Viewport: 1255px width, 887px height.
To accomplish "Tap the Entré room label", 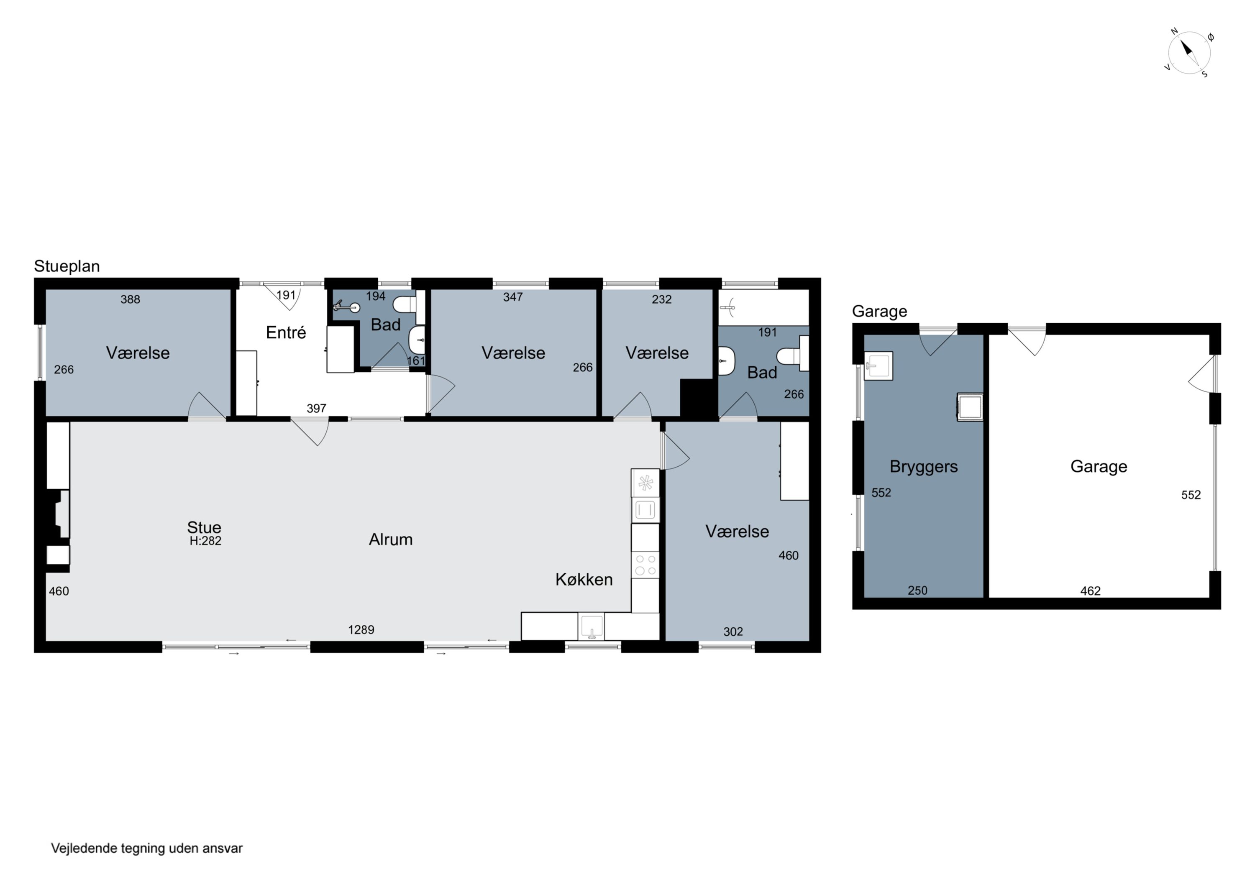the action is [286, 332].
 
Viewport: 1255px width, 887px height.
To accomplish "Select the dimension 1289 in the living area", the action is [361, 629].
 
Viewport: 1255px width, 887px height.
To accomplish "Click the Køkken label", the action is [584, 579].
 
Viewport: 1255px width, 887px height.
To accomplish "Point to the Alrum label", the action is [391, 539].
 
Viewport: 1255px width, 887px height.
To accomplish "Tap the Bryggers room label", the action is [924, 467].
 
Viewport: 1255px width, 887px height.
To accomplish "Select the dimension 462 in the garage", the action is [1091, 591].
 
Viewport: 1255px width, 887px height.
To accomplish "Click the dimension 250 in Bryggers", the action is [918, 590].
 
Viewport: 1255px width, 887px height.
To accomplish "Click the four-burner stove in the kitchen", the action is [645, 565].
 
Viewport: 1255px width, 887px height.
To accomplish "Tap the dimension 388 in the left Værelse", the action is [130, 299].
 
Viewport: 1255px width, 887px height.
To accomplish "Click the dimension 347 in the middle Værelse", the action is [513, 297].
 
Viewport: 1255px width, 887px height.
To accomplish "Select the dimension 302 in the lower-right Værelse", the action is [733, 632].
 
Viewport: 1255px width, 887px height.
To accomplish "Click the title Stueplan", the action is [67, 266].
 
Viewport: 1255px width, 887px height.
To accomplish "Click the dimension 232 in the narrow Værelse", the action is [661, 299].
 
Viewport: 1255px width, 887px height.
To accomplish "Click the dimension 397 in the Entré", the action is [317, 408].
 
